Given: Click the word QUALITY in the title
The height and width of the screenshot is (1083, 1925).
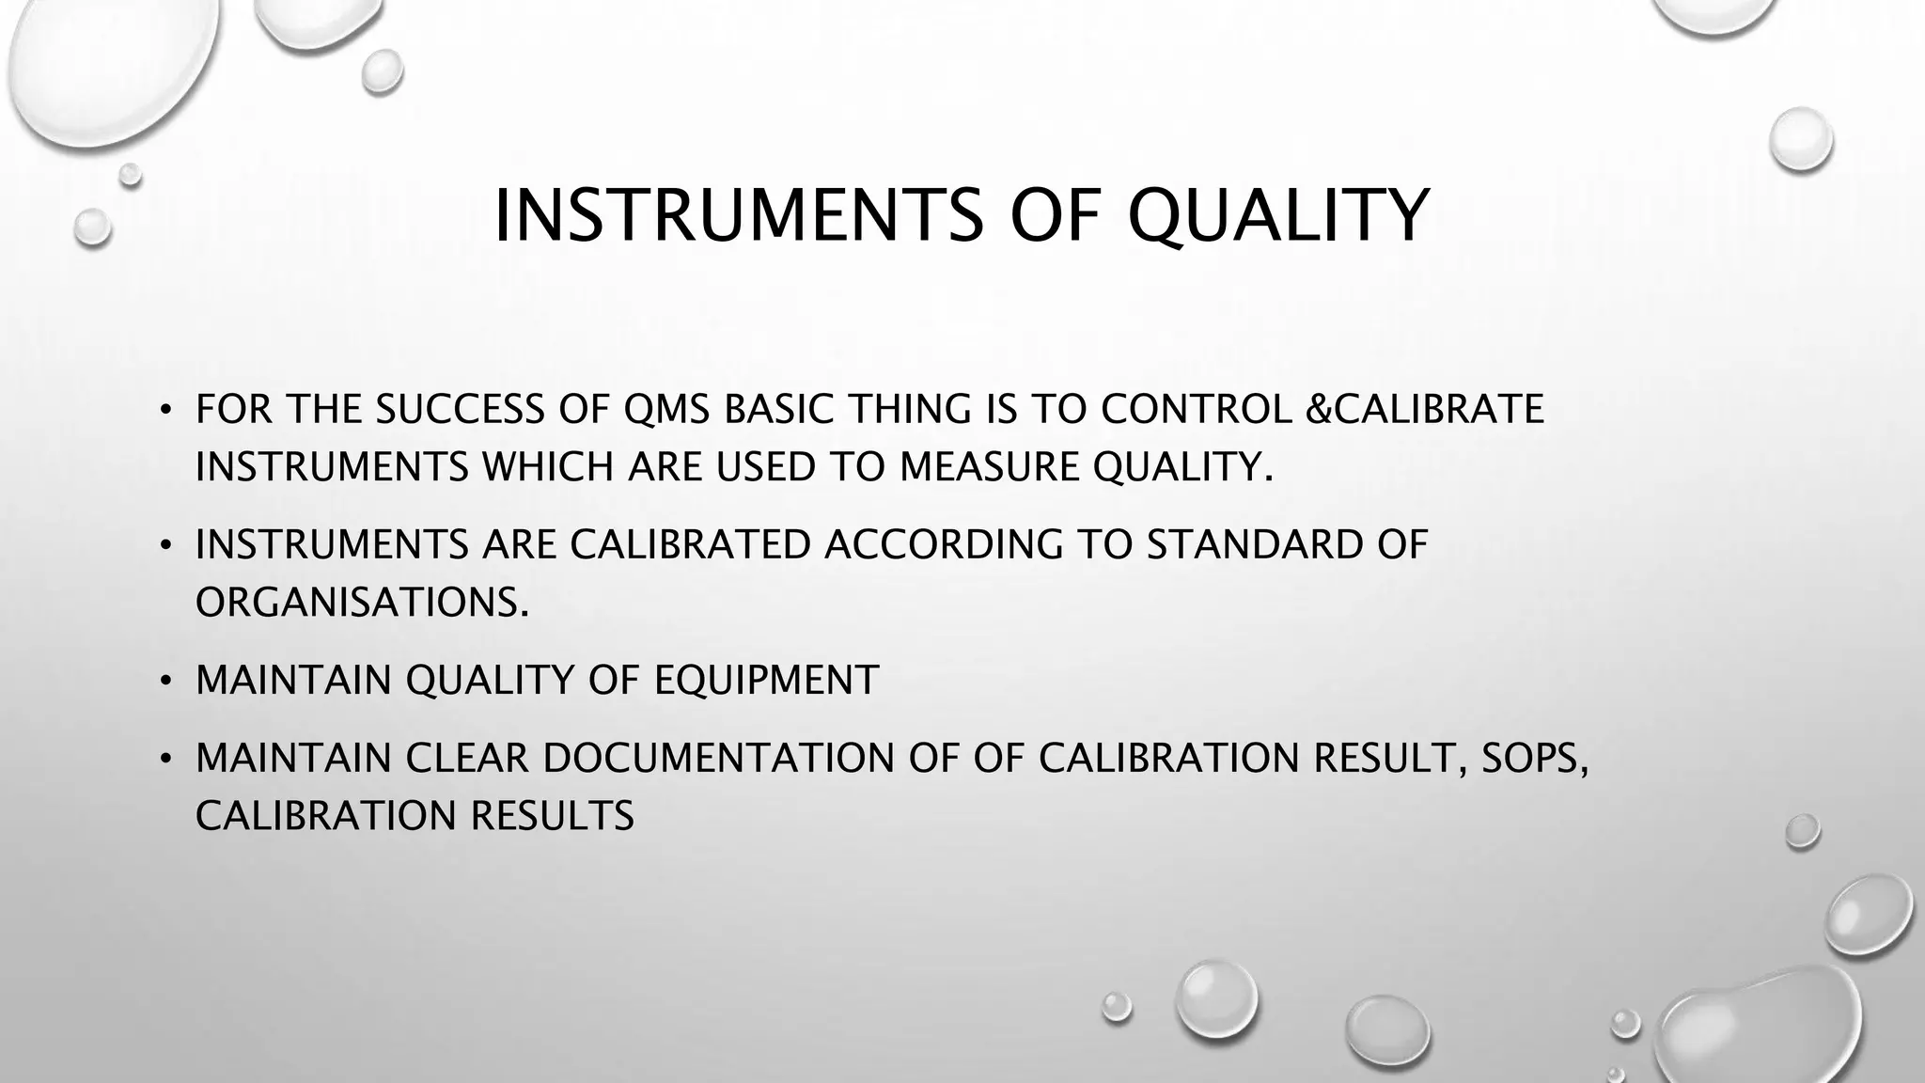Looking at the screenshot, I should click(x=1277, y=216).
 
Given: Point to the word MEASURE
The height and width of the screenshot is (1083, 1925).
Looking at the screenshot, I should click(x=989, y=466).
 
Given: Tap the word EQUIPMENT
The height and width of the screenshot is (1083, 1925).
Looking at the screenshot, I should click(x=766, y=680).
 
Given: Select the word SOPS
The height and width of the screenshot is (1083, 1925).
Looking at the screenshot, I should click(x=1534, y=758).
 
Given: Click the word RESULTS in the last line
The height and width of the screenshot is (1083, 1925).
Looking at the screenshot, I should click(x=552, y=815).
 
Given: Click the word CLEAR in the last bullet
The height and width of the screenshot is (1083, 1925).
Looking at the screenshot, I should click(x=466, y=758).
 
